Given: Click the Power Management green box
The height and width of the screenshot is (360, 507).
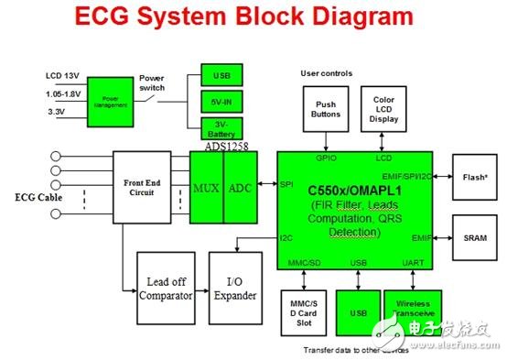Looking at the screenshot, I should pos(109,93).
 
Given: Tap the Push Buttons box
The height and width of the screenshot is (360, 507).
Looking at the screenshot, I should pos(327,111).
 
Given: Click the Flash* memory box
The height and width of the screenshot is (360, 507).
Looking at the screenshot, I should pos(475,179).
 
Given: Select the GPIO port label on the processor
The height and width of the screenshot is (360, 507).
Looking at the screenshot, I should pos(326,158).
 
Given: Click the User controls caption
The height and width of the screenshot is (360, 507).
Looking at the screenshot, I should pos(328,72).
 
